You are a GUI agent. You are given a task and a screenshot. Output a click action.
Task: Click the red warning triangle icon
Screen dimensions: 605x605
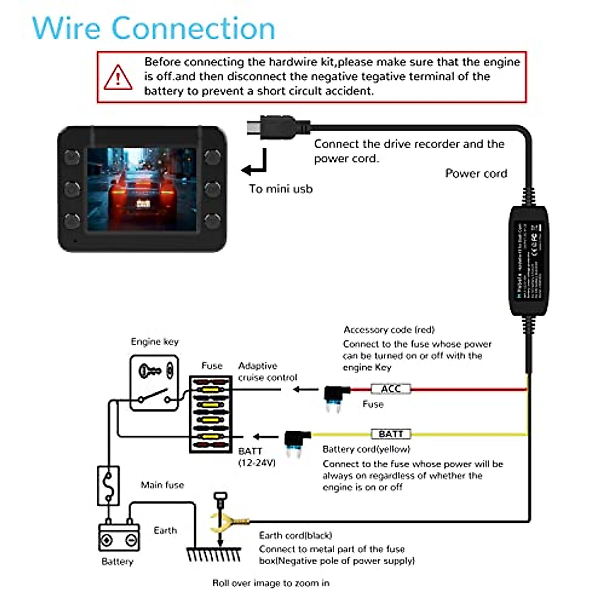coord(118,78)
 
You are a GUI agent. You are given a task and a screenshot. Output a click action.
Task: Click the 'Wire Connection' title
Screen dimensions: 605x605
coord(154,28)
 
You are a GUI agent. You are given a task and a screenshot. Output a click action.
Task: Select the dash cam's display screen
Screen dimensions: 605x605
coord(142,189)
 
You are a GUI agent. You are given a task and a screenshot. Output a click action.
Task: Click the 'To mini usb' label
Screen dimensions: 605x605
coord(280,189)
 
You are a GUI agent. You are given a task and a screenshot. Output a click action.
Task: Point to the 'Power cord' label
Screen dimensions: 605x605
coord(476,173)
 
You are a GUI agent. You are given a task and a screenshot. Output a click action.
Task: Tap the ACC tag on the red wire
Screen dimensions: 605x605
coord(391,389)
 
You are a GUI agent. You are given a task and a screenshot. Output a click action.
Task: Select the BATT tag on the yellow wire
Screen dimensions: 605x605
coord(391,434)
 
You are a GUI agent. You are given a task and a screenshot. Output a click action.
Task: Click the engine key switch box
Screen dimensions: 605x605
coord(154,383)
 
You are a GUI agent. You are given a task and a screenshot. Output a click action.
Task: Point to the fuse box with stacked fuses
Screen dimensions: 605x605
coord(211,414)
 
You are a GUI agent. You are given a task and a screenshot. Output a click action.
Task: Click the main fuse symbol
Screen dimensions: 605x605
coord(108,486)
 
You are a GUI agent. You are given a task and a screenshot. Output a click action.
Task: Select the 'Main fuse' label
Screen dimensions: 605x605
coord(162,485)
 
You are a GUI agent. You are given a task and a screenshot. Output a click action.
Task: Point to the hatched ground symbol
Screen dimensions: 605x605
coord(214,554)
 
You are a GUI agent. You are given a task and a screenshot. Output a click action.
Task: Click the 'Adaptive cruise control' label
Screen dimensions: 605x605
coord(267,372)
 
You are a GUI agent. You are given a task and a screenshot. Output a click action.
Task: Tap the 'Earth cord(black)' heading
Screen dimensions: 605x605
coord(295,535)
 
